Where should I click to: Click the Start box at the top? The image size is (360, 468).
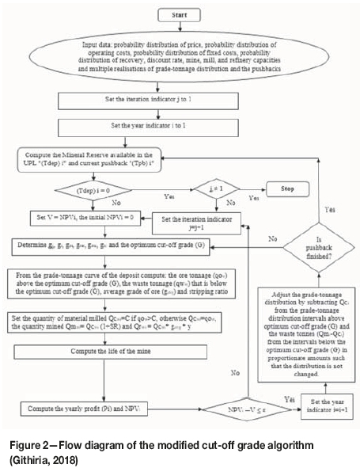[x=181, y=15]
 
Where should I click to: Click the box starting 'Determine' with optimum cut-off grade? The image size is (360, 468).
[x=113, y=248]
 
